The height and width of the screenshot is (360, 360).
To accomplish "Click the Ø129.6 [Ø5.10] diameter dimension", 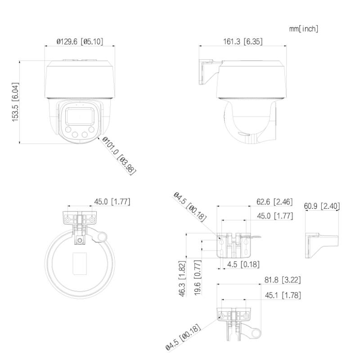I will (x=80, y=41).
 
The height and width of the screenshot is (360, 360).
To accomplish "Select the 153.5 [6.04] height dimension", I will (x=15, y=103).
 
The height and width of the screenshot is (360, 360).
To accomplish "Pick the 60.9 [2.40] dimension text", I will (x=322, y=207).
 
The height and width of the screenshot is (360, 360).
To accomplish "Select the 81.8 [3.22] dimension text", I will (x=282, y=280).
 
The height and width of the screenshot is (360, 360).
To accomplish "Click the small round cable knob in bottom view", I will (x=103, y=236).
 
